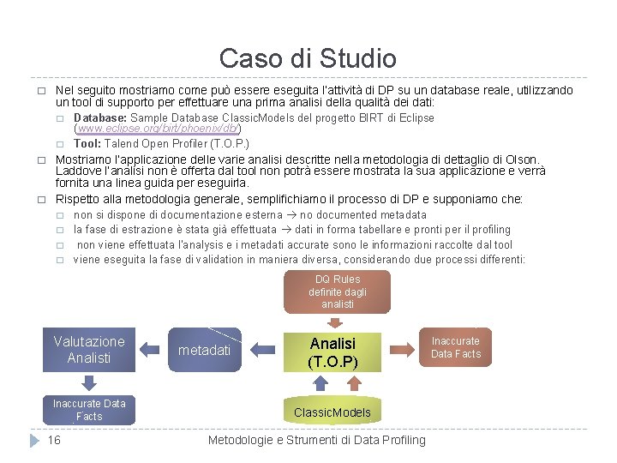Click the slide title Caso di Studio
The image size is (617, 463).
point(308,58)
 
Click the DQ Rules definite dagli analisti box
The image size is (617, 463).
point(337,292)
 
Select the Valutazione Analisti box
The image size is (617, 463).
point(89,349)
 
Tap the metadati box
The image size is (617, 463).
point(204,350)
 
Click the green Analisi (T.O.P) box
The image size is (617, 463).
point(332,352)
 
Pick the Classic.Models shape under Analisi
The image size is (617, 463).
point(332,412)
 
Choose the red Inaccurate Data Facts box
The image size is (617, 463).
point(455,347)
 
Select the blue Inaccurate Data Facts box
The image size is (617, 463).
point(89,409)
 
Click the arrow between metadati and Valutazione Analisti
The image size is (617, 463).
point(149,350)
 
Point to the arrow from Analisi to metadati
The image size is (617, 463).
point(265,350)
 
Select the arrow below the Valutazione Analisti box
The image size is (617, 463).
point(88,383)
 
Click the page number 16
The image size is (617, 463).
point(54,440)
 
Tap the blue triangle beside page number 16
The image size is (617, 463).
point(34,440)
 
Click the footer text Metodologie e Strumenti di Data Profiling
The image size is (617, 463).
point(316,440)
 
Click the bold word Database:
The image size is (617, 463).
point(101,118)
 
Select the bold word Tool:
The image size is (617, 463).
point(88,142)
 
